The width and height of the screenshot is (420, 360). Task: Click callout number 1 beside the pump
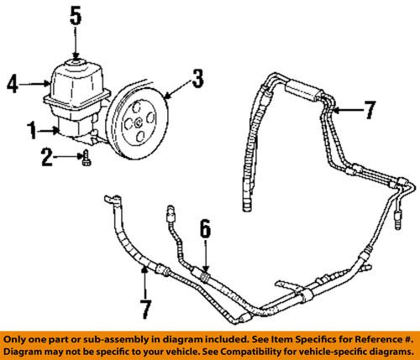[x=30, y=130]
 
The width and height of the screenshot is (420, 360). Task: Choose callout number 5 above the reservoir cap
[x=75, y=16]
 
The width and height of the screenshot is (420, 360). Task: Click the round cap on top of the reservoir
[x=75, y=62]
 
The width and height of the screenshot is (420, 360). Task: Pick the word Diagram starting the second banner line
[x=29, y=348]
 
